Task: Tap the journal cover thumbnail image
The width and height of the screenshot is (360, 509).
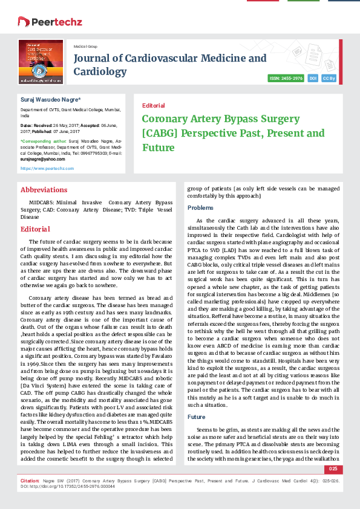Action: coord(41,62)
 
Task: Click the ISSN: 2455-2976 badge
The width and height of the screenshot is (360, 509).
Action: coord(286,79)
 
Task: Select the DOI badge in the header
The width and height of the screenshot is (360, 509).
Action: coord(313,79)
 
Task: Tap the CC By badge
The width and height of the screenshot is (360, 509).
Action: coord(329,79)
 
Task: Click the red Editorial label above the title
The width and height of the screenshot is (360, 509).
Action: coord(153,105)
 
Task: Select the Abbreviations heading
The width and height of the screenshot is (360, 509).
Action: coord(44,190)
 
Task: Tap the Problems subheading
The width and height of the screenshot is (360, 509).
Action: coord(200,207)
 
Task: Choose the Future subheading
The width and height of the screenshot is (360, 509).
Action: coord(197,417)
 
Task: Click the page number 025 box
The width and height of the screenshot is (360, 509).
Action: coord(333,469)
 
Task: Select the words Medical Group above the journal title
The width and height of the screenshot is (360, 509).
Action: coord(85,47)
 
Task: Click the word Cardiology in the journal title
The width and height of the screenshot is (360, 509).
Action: coord(100,72)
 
